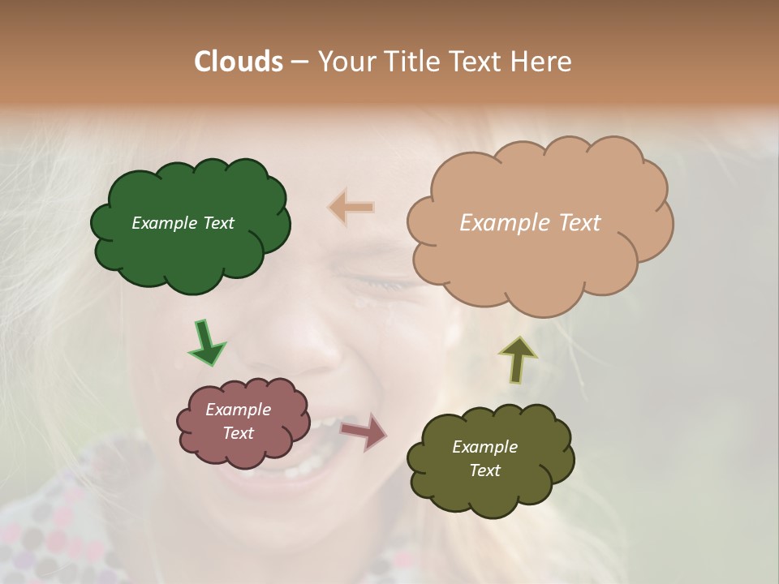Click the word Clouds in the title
point(238,62)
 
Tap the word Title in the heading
point(412,62)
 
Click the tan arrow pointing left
point(351,208)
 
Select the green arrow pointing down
point(206,341)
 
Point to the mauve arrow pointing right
point(364,432)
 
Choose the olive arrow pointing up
point(517,359)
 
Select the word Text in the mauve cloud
point(238,433)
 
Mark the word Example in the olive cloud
point(484,447)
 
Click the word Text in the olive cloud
point(484,470)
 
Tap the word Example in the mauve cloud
point(238,410)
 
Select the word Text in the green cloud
point(217,223)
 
